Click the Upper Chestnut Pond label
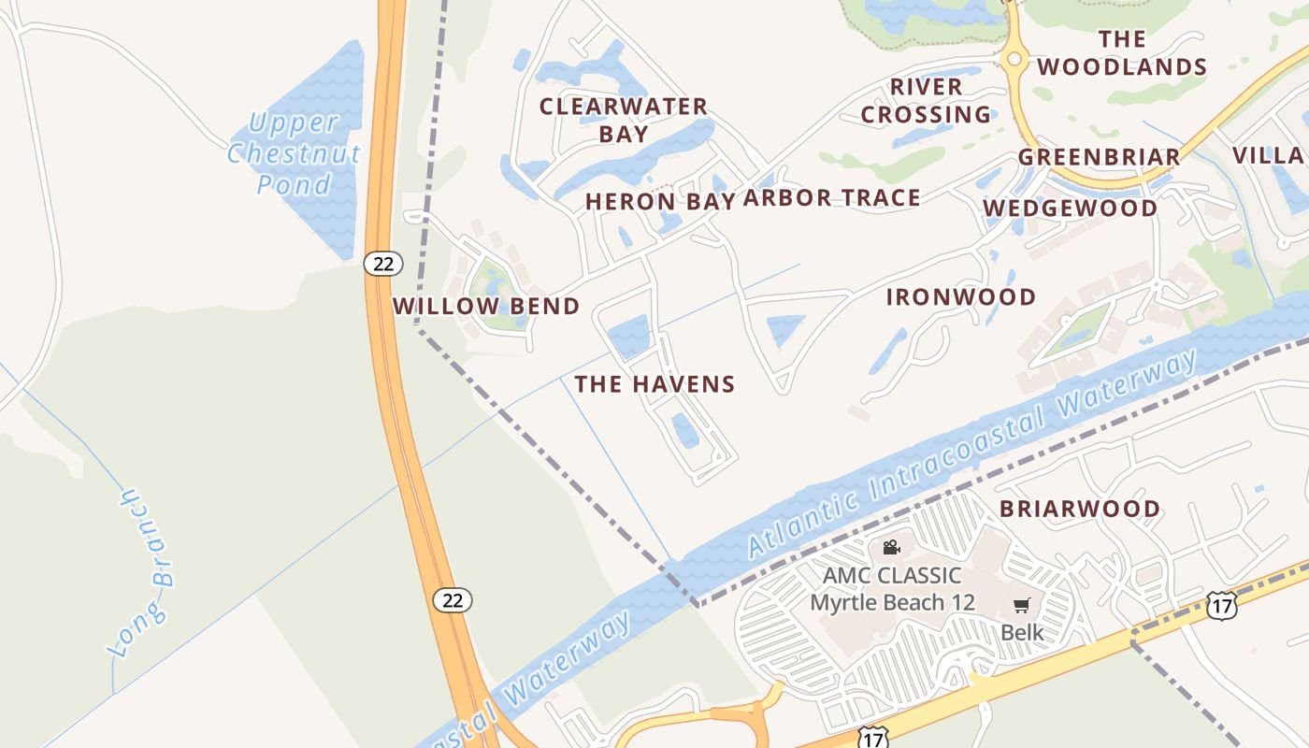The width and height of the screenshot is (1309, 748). click(294, 152)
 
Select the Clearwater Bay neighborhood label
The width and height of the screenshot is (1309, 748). click(624, 120)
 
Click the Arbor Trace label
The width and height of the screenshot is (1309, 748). click(832, 197)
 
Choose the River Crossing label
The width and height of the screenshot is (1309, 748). click(926, 100)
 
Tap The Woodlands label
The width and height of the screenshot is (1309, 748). click(1122, 52)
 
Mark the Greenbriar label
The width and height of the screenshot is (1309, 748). click(1099, 156)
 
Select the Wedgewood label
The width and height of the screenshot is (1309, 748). click(1070, 208)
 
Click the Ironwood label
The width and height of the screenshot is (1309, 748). click(961, 297)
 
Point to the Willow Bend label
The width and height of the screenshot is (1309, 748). click(486, 306)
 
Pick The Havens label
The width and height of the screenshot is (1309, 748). click(654, 383)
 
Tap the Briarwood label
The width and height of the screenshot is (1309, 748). click(1080, 509)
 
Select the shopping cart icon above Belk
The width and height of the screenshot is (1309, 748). click(1022, 605)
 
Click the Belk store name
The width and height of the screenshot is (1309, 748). click(1022, 632)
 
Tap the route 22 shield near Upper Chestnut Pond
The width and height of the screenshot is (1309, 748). click(383, 263)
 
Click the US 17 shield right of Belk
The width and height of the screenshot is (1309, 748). click(1221, 605)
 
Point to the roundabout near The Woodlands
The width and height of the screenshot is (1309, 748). click(1014, 59)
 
